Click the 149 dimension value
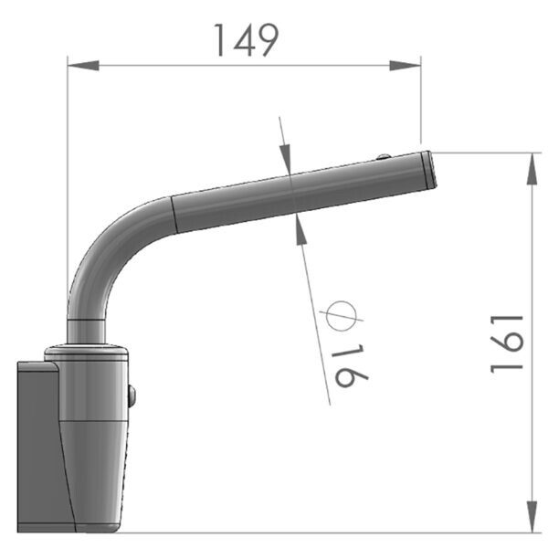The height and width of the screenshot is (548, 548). (x=245, y=39)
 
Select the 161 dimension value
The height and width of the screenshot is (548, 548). (x=506, y=343)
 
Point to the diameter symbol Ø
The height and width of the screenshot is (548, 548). (x=337, y=317)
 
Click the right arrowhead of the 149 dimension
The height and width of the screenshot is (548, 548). (x=408, y=64)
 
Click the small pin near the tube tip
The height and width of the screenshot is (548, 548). (x=384, y=157)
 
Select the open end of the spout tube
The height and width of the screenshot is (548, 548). (x=429, y=170)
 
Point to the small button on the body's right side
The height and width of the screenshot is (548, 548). (x=132, y=395)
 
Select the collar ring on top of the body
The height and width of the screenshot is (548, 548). (x=88, y=351)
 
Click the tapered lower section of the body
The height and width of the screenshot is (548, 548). (x=91, y=475)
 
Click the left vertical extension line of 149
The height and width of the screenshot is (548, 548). (x=68, y=183)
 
